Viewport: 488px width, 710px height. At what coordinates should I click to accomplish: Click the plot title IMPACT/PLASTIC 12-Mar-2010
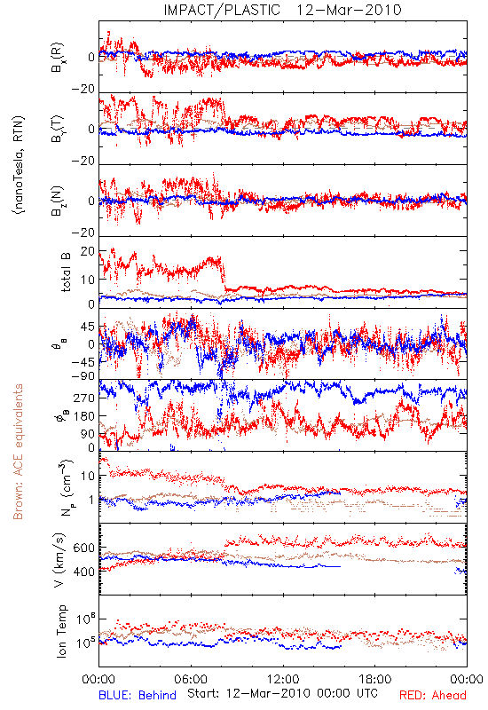(x=282, y=10)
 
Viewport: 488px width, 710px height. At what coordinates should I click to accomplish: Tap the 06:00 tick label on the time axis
(x=191, y=679)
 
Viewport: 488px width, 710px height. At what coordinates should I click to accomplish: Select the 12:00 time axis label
(x=283, y=679)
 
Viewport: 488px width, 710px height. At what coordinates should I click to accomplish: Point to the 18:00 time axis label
(x=375, y=679)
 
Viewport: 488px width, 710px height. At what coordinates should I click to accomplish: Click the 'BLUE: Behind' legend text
(x=138, y=695)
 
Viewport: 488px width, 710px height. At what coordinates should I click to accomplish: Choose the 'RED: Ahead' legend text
(x=433, y=695)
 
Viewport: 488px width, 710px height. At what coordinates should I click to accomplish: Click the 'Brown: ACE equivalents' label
(x=18, y=452)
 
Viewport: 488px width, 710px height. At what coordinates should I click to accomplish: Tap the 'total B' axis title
(x=66, y=272)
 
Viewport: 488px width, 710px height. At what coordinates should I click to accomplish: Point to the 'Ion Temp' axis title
(x=61, y=631)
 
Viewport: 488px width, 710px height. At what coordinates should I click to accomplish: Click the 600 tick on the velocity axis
(x=83, y=548)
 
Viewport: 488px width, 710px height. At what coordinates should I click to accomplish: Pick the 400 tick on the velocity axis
(x=83, y=572)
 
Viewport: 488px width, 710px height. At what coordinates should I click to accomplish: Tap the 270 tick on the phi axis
(x=84, y=398)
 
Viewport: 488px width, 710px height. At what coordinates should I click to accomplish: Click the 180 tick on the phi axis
(x=84, y=415)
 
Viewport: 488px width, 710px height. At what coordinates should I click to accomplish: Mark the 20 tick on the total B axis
(x=88, y=251)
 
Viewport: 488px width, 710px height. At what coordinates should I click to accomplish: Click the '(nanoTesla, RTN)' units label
(x=19, y=164)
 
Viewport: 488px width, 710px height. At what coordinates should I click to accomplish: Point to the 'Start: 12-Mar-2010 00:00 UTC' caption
(x=282, y=693)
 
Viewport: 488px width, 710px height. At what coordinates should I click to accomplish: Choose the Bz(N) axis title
(x=58, y=201)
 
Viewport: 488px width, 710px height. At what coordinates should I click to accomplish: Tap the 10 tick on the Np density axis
(x=88, y=476)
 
